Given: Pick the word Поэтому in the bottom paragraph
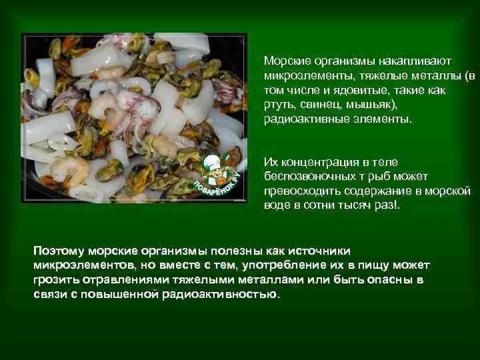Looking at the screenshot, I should coord(59,251).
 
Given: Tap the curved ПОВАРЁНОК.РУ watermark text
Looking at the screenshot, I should coord(215,189).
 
